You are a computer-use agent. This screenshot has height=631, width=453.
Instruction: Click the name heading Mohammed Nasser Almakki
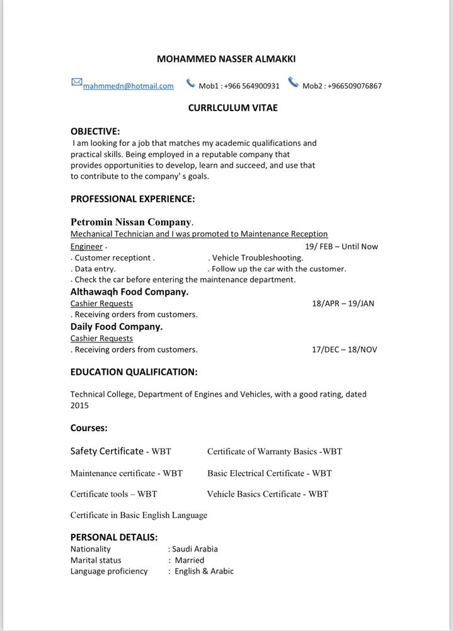tap(226, 59)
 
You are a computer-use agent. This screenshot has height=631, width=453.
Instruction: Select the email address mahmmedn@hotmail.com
tap(128, 86)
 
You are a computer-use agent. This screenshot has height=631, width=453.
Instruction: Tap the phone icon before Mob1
tap(190, 83)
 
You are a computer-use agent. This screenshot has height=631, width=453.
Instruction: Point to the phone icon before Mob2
tap(293, 83)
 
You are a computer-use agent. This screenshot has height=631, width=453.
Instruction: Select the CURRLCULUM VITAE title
tap(232, 108)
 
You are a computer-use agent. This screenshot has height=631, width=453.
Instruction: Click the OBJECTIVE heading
tap(95, 131)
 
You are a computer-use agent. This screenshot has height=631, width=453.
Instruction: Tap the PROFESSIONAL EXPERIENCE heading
tap(132, 199)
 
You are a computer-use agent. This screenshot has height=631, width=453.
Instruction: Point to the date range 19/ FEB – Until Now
tap(341, 246)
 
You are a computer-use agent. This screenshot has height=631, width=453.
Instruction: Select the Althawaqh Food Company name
tap(129, 292)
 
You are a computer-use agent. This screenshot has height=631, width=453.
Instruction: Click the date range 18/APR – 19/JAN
tap(343, 303)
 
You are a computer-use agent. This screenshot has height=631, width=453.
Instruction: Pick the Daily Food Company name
tap(117, 326)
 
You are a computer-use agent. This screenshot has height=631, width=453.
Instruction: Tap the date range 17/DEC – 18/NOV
tap(344, 349)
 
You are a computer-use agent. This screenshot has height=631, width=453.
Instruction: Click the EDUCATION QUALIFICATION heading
tap(134, 372)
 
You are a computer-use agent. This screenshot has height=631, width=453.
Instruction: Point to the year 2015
tap(79, 406)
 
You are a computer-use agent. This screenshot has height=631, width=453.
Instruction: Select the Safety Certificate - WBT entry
tap(120, 451)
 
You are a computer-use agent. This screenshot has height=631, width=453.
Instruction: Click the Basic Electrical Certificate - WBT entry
tap(269, 473)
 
